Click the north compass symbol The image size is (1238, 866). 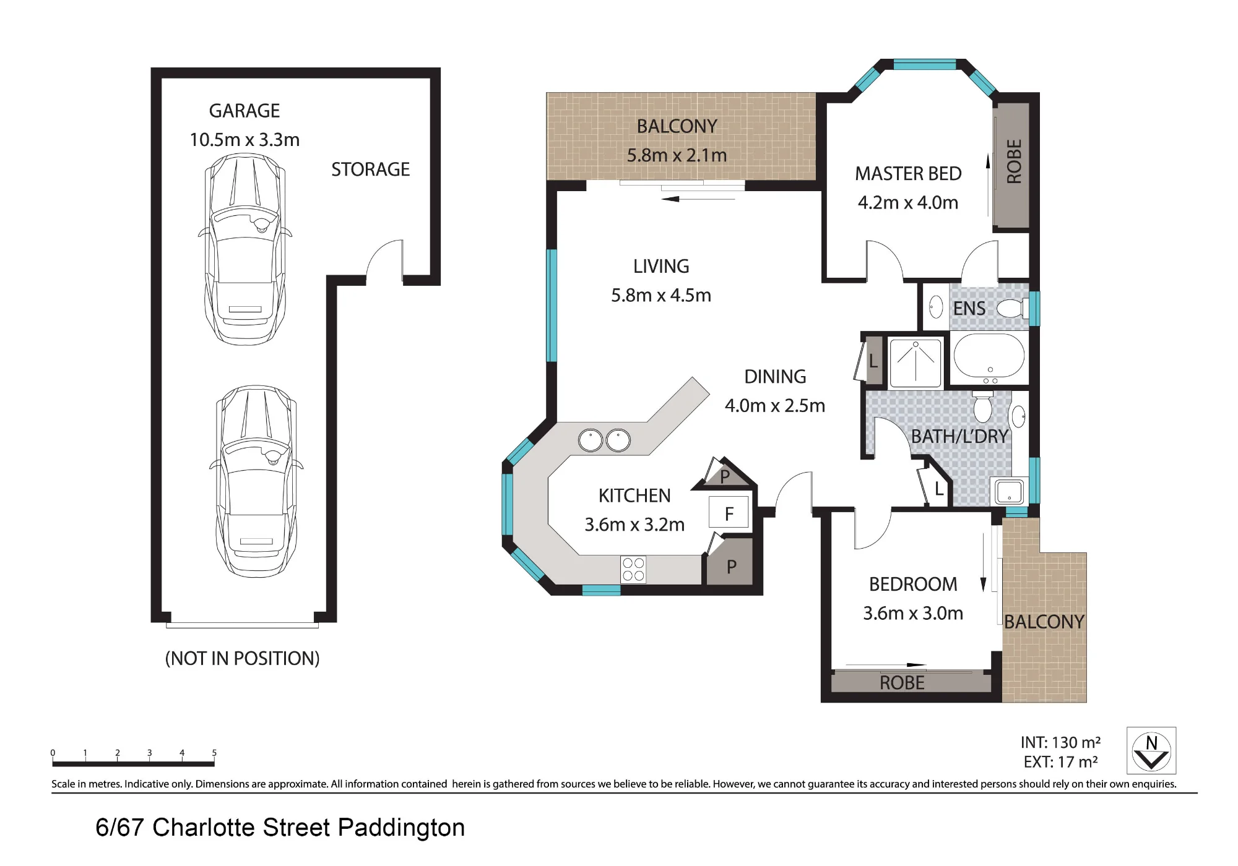(1151, 750)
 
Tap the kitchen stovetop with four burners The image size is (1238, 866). (633, 570)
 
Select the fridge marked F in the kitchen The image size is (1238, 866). (729, 513)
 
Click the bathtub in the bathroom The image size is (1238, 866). (989, 357)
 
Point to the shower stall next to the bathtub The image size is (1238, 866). (915, 362)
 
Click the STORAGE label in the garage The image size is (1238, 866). (370, 169)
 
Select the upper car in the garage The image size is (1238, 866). (245, 249)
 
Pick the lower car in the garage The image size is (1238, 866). (256, 481)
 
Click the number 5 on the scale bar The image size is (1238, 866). (214, 753)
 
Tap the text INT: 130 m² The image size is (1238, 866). (1060, 742)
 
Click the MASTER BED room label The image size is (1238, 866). (908, 174)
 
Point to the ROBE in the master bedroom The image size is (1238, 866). (1012, 166)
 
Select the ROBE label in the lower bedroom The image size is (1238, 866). (902, 683)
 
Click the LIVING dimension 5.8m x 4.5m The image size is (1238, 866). (661, 296)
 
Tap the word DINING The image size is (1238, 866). (775, 377)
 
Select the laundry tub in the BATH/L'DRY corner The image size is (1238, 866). (1009, 492)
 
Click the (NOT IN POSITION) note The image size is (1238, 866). (242, 659)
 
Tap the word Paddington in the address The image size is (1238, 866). (401, 828)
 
